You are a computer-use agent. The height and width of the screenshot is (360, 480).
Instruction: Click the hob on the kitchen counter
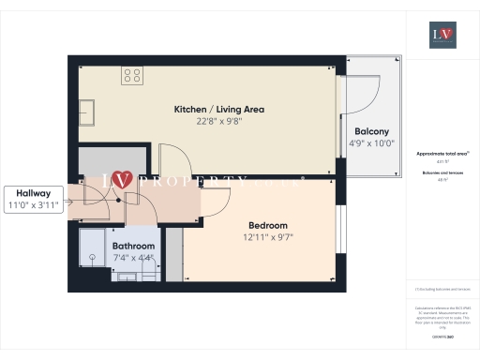pos(132,76)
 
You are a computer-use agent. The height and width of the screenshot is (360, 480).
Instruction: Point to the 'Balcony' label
pos(371,131)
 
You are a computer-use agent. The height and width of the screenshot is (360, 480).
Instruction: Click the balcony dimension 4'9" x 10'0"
pos(371,143)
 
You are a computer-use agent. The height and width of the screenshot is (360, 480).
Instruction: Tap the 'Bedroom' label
pos(267,225)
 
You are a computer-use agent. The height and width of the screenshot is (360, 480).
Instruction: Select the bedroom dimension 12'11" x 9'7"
pos(267,237)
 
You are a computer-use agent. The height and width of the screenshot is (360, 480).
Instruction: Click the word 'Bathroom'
pos(133,246)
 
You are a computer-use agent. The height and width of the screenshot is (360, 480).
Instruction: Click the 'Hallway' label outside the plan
pos(34,190)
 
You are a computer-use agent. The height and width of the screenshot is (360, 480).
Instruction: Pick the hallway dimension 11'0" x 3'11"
pos(34,203)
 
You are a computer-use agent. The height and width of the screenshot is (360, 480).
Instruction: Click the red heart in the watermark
pos(120,179)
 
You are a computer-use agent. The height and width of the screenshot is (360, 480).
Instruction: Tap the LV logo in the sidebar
pos(442,35)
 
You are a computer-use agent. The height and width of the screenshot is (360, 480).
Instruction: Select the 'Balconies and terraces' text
pos(442,176)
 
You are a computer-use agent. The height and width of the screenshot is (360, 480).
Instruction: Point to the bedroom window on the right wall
pos(339,225)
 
